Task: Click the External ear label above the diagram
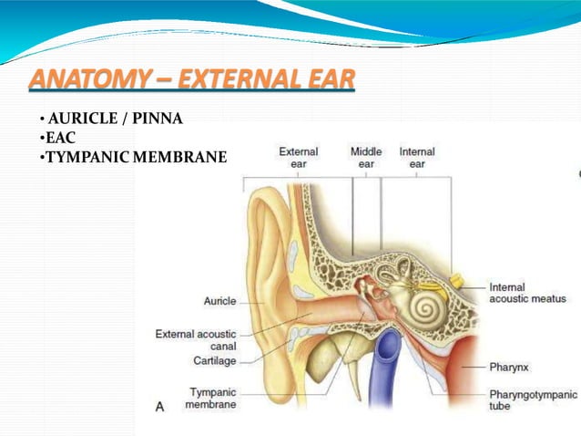[298, 158]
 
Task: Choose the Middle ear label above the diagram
[366, 158]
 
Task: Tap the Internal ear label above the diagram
[417, 158]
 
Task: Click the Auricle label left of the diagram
[219, 300]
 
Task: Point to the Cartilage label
[214, 360]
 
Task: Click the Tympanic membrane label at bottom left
[212, 398]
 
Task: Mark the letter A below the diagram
[160, 407]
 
